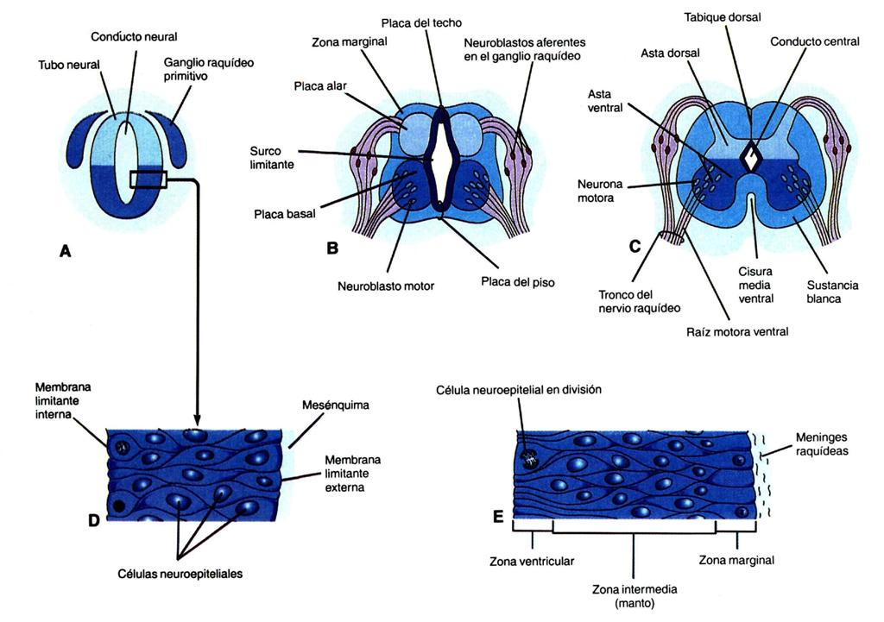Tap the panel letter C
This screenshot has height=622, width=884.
click(x=635, y=246)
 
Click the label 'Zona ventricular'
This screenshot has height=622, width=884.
click(x=532, y=560)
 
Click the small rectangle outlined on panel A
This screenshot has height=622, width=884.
click(x=148, y=179)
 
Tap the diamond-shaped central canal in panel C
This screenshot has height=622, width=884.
click(x=751, y=156)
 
